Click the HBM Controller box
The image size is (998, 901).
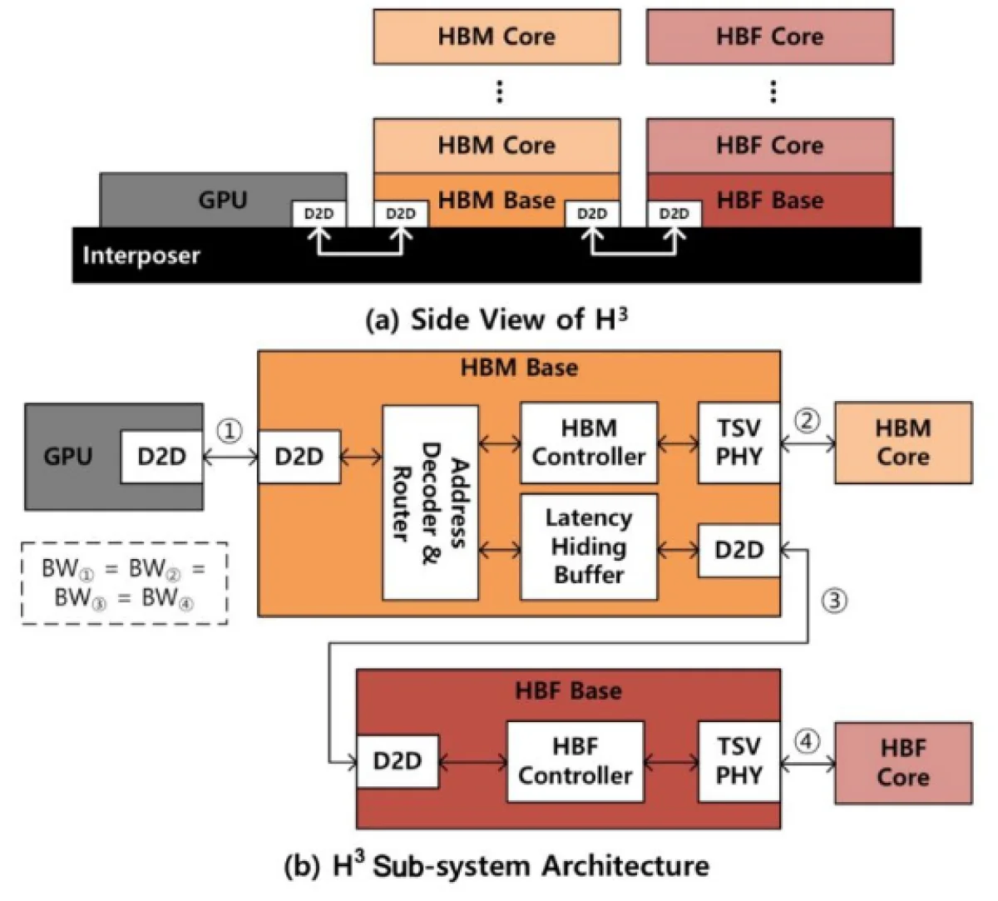pos(588,443)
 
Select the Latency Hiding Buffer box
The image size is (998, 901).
pos(588,547)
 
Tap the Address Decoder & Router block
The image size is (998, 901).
pos(430,502)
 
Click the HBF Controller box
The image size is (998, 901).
pos(575,761)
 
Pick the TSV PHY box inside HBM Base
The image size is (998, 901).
pos(739,443)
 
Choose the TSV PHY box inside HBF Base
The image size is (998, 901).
pos(739,761)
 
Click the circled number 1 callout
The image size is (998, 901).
pos(230,430)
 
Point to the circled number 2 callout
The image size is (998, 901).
pos(807,420)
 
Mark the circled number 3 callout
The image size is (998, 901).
pos(834,600)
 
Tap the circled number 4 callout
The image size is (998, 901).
pos(807,740)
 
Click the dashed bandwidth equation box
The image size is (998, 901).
pos(124,583)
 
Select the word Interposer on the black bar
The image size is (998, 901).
pos(141,255)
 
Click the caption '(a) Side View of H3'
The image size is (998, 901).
pos(497,319)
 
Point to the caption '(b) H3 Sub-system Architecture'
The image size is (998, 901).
pos(497,866)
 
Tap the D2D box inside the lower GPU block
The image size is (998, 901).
pos(161,456)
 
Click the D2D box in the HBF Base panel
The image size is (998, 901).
pos(397,760)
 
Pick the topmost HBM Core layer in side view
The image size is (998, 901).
pos(497,37)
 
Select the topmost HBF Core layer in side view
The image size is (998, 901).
pos(769,37)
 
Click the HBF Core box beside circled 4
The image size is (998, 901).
pos(902,762)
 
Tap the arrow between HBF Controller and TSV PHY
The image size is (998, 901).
pos(670,760)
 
